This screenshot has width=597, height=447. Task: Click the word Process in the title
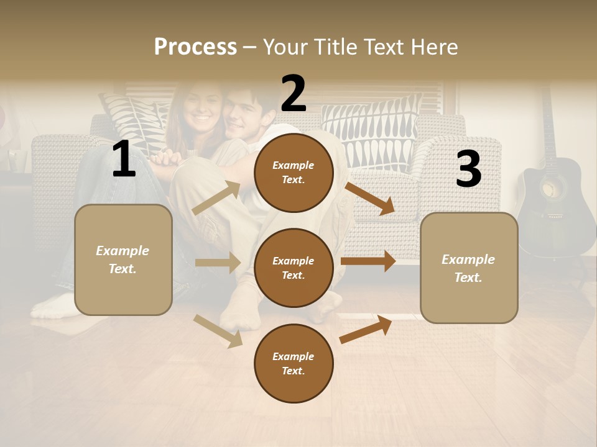tap(195, 47)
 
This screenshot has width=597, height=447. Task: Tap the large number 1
tap(124, 160)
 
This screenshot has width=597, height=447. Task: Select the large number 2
tap(294, 93)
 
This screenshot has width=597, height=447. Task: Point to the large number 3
tap(468, 169)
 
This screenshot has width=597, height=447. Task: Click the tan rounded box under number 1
tap(123, 260)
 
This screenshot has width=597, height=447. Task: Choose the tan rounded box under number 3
tap(469, 268)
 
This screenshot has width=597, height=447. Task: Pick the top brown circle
tap(294, 173)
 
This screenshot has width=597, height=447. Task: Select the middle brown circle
tap(294, 268)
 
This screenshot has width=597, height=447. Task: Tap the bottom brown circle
tap(294, 363)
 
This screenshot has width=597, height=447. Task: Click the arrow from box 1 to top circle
tap(216, 198)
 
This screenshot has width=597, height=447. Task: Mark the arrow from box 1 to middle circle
tap(217, 263)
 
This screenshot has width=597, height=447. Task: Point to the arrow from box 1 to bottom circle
tap(218, 331)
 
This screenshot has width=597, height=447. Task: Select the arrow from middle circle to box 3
tap(368, 261)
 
